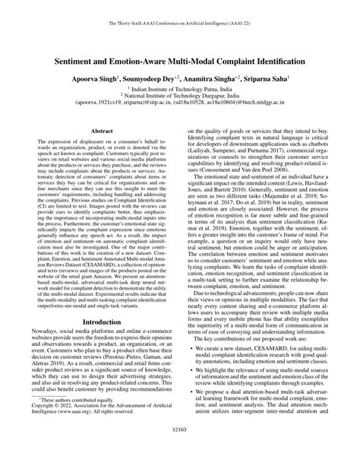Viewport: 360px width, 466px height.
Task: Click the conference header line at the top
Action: pos(180,24)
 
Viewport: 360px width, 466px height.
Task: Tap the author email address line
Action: pos(180,105)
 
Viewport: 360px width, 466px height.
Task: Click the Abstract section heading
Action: pos(102,132)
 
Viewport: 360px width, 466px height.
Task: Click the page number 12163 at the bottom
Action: pos(180,449)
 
